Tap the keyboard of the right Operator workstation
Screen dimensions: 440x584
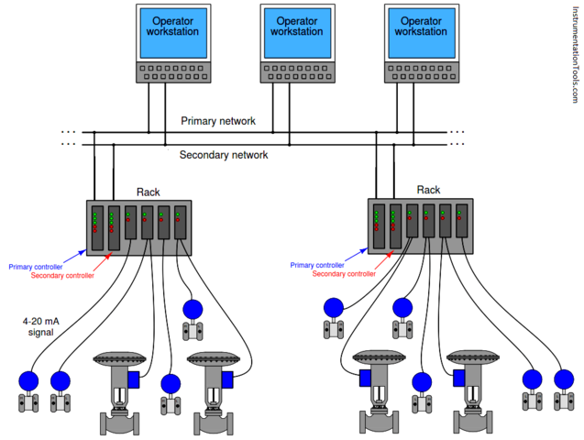423,71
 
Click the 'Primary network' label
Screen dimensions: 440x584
218,121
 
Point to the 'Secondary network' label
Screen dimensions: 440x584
224,155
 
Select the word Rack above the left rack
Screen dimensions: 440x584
149,192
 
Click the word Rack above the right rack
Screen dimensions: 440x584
428,190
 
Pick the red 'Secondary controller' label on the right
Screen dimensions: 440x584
344,273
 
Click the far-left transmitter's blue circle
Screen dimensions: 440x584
29,380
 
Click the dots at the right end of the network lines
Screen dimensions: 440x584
456,137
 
